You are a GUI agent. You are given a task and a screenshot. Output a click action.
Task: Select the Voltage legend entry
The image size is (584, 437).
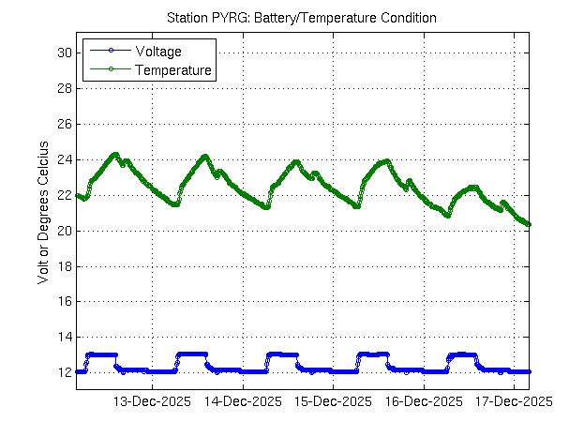tap(158, 51)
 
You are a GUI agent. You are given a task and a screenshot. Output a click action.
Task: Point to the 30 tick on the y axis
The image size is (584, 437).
tap(65, 53)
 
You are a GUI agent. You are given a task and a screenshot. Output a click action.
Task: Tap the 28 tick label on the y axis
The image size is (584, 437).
tap(65, 88)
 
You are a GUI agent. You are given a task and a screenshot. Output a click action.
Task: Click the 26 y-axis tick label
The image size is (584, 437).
tap(65, 124)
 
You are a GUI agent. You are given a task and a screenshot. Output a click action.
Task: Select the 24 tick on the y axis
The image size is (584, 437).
tap(65, 159)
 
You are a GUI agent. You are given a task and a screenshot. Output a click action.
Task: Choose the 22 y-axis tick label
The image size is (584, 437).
tap(65, 195)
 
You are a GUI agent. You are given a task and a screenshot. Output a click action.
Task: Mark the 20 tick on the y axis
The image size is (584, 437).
tap(65, 231)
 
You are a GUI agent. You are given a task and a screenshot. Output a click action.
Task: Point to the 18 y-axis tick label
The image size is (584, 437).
tap(65, 265)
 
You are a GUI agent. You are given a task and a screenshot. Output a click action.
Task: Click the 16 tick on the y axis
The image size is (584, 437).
tap(65, 301)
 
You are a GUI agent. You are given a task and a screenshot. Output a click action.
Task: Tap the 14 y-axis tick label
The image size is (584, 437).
tap(65, 337)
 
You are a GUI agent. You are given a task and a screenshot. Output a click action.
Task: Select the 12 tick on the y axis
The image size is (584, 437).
tap(65, 372)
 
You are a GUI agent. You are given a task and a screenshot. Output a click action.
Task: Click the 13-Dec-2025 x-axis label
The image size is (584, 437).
tap(152, 400)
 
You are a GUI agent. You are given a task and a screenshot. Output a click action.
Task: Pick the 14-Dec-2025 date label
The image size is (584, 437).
tap(243, 400)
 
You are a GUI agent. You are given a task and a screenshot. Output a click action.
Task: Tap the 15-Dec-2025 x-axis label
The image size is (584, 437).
tap(333, 400)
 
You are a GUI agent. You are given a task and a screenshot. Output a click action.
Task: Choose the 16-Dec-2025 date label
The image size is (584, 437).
tap(424, 400)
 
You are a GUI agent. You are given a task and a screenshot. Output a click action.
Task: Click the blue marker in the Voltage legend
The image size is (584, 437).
tap(110, 51)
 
